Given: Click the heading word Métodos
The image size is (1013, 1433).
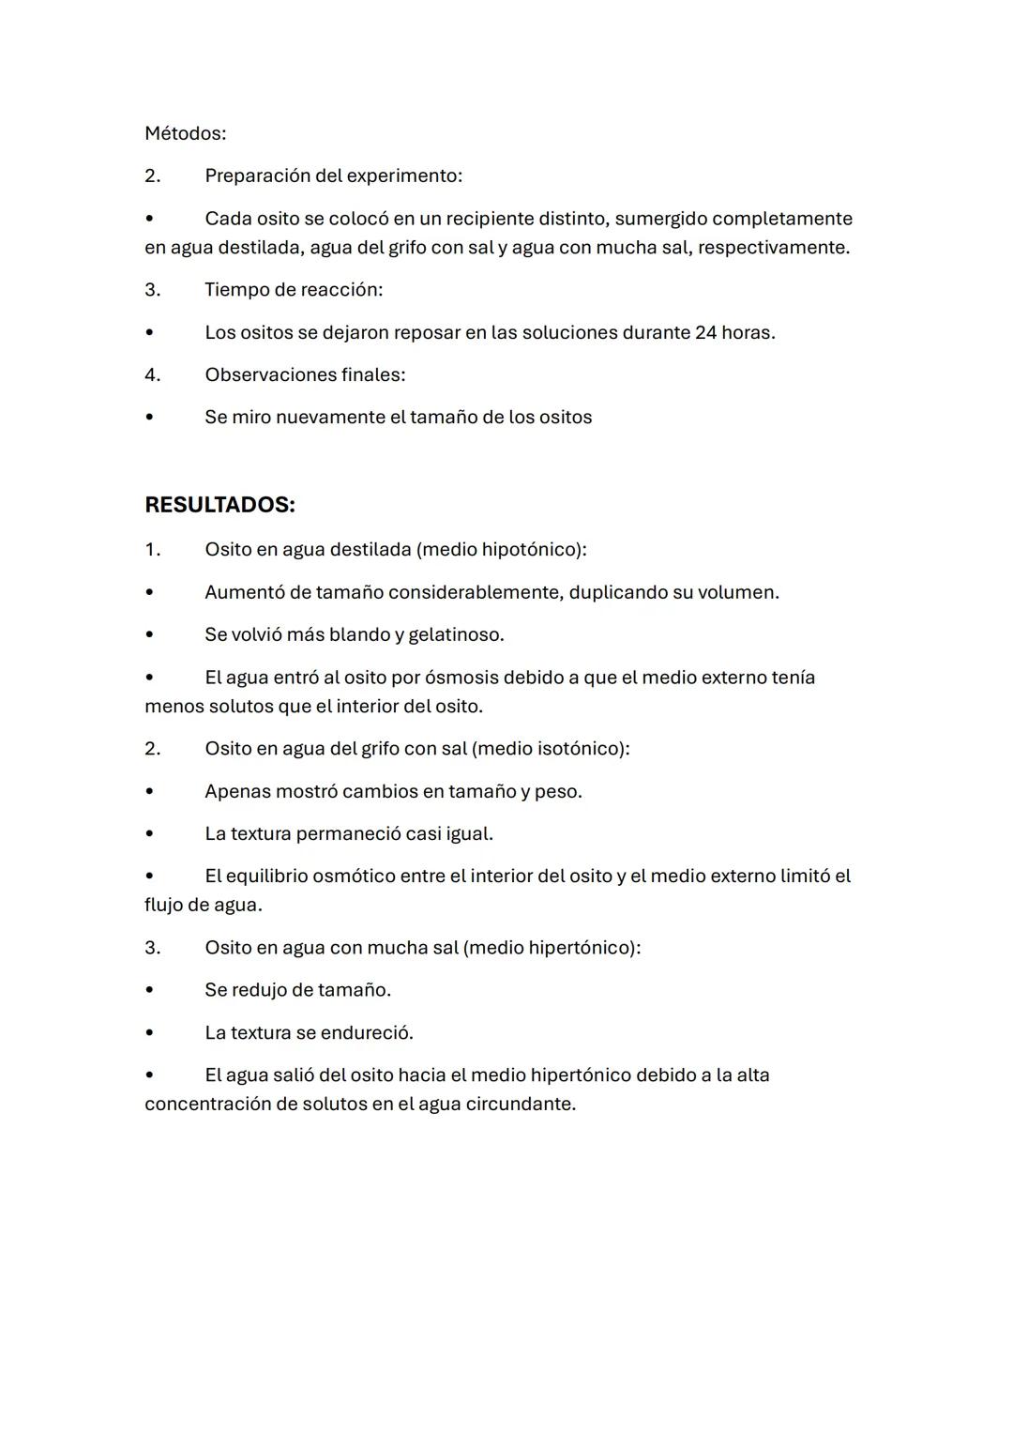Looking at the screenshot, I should tap(185, 133).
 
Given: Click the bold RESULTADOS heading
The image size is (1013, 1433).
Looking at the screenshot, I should tap(219, 505).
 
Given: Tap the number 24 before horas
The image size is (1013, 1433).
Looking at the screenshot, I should tap(706, 332).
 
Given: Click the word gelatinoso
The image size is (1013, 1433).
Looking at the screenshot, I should tap(455, 634).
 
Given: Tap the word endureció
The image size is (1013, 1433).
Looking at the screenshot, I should tap(366, 1032).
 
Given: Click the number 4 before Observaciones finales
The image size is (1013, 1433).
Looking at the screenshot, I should tap(152, 374).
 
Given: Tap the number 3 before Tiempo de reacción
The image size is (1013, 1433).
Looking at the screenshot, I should tap(152, 289).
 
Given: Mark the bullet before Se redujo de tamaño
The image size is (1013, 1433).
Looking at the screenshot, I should tap(149, 990).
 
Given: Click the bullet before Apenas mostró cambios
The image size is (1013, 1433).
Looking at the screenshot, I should tap(149, 791).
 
